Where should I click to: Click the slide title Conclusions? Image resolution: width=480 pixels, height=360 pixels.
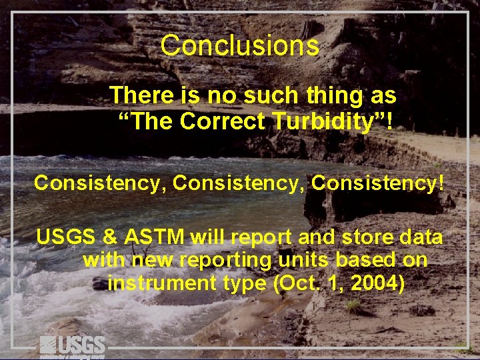point(239,46)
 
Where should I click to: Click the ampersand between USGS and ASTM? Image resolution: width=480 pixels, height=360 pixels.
point(111,237)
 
